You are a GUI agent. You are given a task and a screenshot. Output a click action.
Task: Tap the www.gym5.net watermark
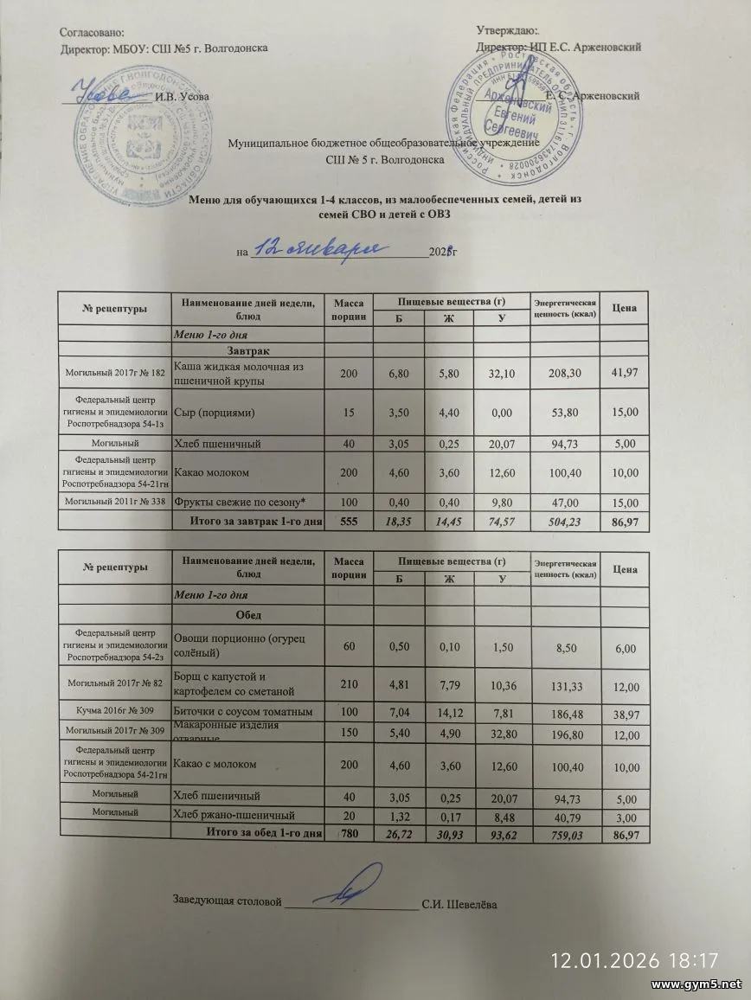click(x=696, y=985)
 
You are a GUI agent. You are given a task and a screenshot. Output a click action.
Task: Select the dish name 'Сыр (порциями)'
click(x=214, y=413)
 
